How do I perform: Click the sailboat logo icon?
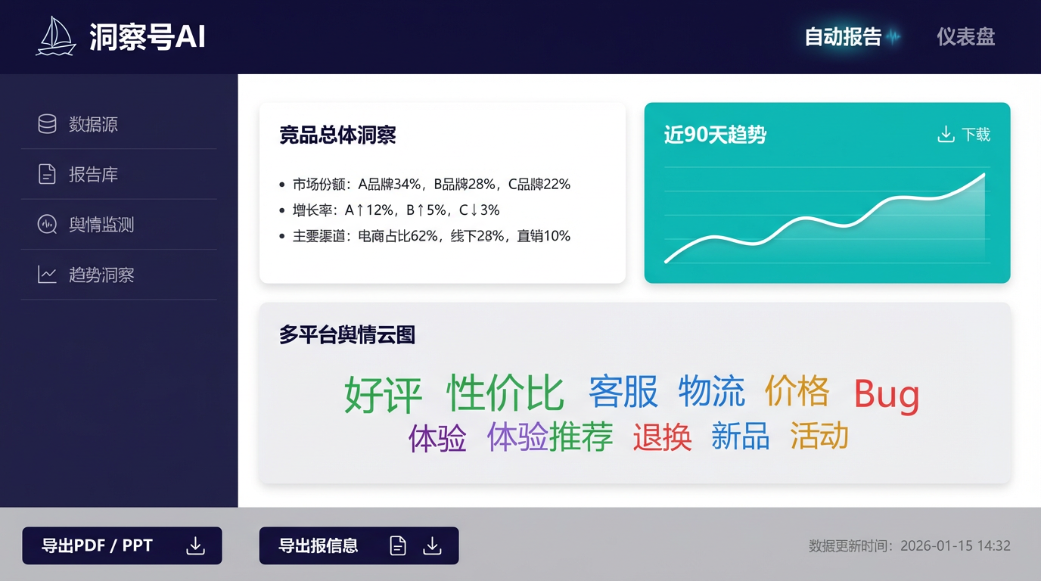56,36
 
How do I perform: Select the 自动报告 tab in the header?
843,36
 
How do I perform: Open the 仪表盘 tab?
965,36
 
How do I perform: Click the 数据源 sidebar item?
93,124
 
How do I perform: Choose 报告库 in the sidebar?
93,175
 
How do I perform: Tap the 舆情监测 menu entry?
101,225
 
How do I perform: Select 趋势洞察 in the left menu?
101,275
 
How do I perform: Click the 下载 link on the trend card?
964,135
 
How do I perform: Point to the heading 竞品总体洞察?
337,135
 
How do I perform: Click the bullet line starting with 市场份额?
431,184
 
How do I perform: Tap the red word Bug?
887,394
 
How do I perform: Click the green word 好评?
383,393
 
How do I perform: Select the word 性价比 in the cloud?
505,392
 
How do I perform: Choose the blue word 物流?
711,391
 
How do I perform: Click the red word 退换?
662,437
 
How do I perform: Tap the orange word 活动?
819,436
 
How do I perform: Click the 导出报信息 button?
359,545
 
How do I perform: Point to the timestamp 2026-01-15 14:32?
956,545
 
